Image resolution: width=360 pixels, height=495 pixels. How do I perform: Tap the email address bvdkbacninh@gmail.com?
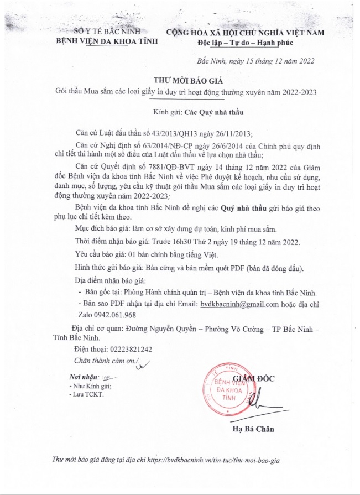[x=239, y=304]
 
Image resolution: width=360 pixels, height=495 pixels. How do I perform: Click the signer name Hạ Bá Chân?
[x=253, y=429]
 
